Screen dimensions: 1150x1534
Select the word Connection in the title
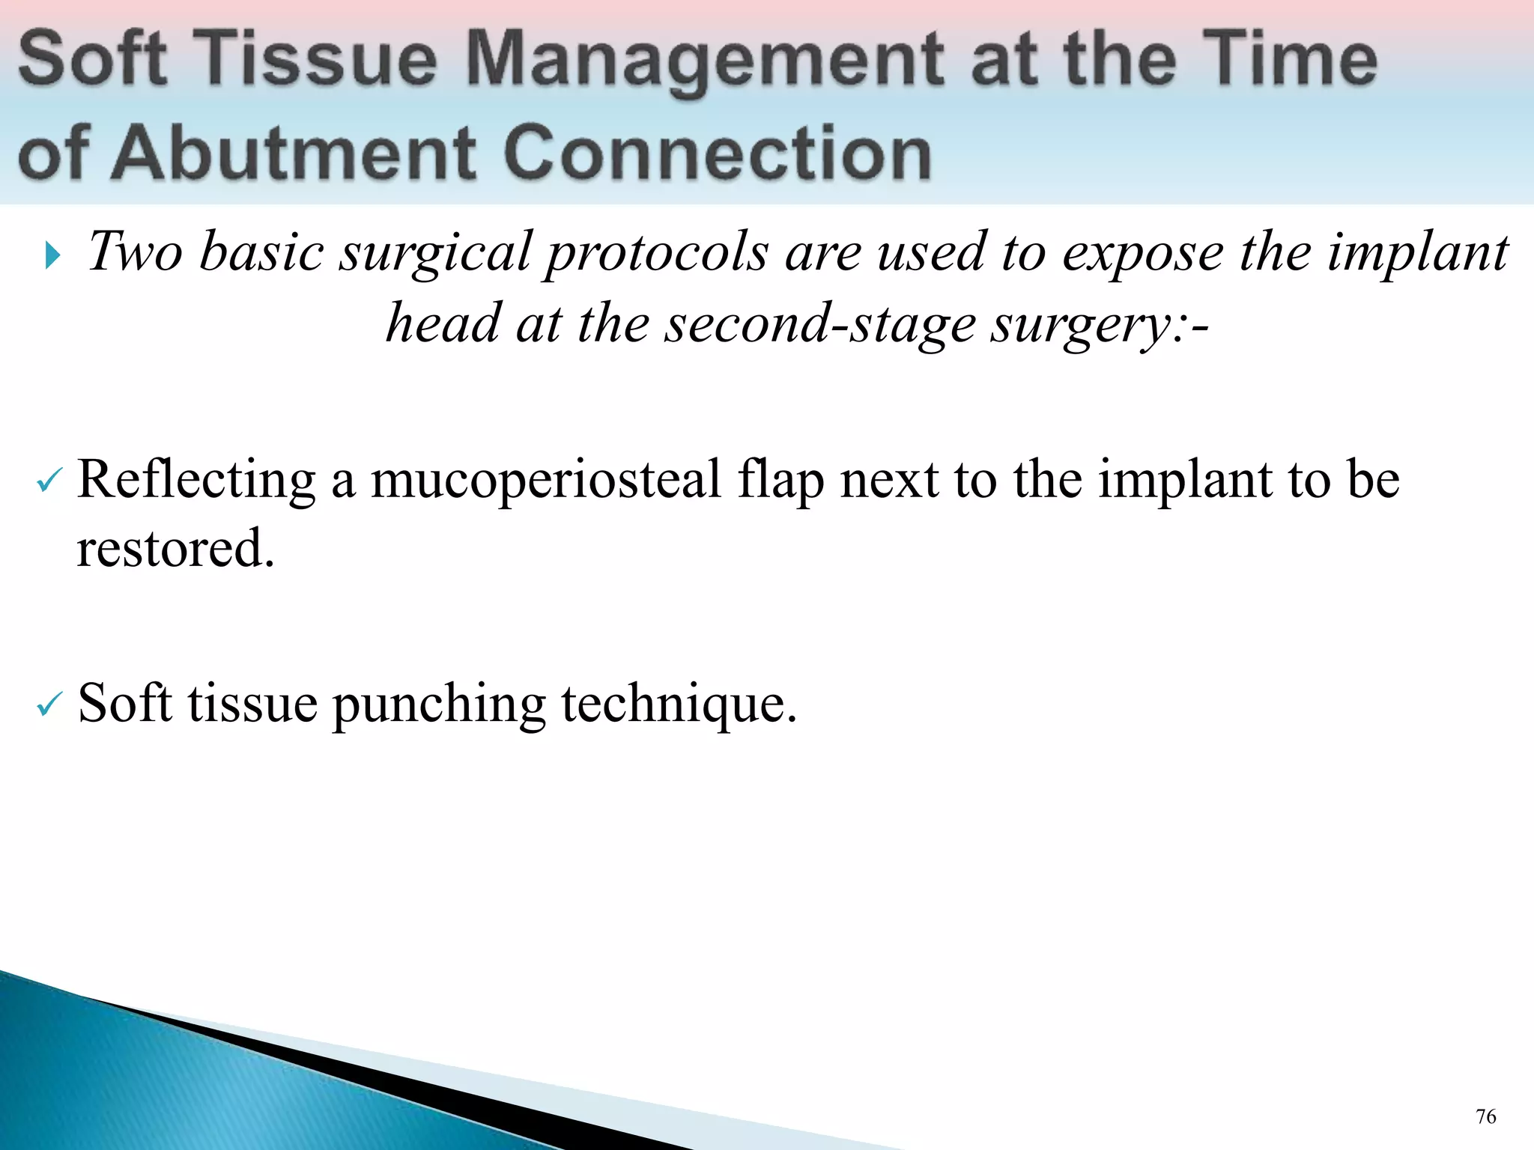(717, 153)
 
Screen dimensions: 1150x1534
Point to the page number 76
(1485, 1117)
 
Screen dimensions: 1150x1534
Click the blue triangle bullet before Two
(52, 255)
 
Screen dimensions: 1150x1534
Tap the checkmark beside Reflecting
(50, 482)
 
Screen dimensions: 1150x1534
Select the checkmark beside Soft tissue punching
(50, 705)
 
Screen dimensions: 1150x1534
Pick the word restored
(175, 549)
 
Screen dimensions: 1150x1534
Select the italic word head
(443, 323)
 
